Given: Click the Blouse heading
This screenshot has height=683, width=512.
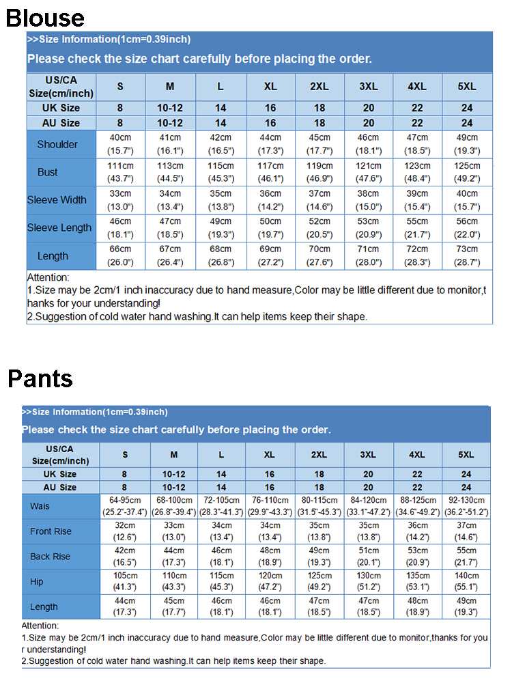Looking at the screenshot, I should (x=45, y=18).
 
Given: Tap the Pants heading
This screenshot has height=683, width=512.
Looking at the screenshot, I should (x=40, y=378).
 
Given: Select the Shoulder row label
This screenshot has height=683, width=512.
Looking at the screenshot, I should (x=57, y=144).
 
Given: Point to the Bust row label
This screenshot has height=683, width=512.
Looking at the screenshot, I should (x=48, y=172).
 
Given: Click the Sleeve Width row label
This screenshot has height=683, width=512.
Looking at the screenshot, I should (x=57, y=200).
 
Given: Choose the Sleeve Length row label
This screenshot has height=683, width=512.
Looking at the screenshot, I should (x=59, y=227).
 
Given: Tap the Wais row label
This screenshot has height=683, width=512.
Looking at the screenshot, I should (x=40, y=506).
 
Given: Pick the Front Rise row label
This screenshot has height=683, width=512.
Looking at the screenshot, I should (x=51, y=531).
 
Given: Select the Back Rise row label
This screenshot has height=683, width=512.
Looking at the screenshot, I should (x=50, y=557).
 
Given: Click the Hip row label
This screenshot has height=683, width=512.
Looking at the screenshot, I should (x=37, y=582).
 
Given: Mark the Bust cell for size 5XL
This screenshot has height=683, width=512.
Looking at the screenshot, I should (x=467, y=172).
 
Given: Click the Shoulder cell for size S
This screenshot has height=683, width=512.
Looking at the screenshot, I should (x=121, y=144).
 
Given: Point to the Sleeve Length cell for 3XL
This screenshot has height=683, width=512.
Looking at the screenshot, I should (x=368, y=227).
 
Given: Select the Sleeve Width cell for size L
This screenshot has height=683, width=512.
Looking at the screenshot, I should (x=221, y=200).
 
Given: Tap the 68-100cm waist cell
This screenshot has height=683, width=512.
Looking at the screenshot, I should (x=174, y=506).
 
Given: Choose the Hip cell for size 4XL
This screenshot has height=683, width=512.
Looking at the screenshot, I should (x=417, y=582).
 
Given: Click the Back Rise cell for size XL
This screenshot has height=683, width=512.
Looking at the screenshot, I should (x=270, y=557).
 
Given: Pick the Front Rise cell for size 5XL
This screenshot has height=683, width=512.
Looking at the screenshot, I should (x=466, y=531).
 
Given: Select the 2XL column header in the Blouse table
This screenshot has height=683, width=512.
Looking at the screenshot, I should (x=319, y=87).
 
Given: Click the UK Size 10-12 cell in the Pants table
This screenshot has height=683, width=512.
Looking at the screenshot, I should (x=174, y=474).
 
